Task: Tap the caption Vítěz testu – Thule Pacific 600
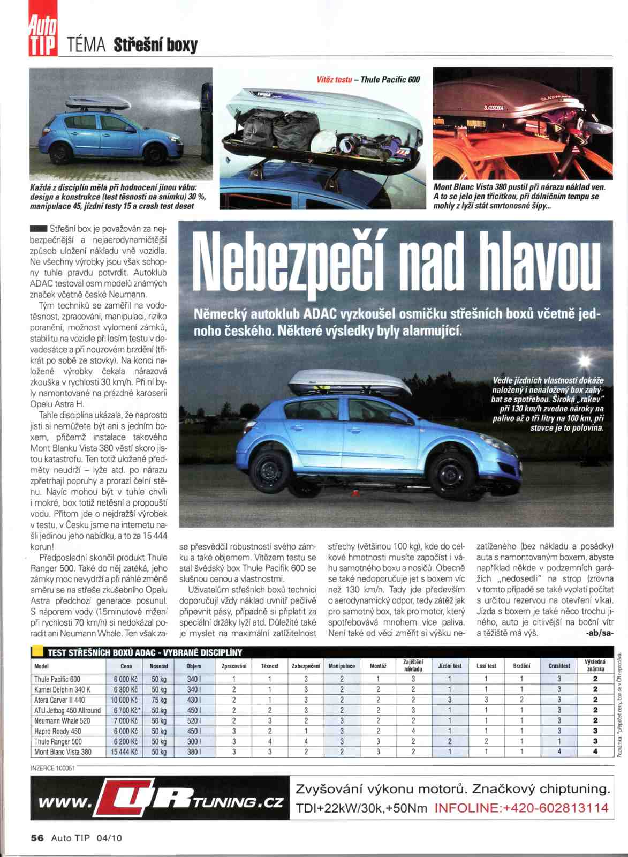(x=368, y=80)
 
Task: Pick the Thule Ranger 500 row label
(x=58, y=742)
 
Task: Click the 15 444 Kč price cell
(x=124, y=752)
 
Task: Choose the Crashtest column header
(x=559, y=666)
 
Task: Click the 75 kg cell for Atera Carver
(x=159, y=700)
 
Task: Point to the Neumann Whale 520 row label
(x=62, y=721)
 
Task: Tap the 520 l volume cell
(x=194, y=721)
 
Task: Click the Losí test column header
(x=486, y=666)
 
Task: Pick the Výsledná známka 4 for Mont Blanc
(x=595, y=752)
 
